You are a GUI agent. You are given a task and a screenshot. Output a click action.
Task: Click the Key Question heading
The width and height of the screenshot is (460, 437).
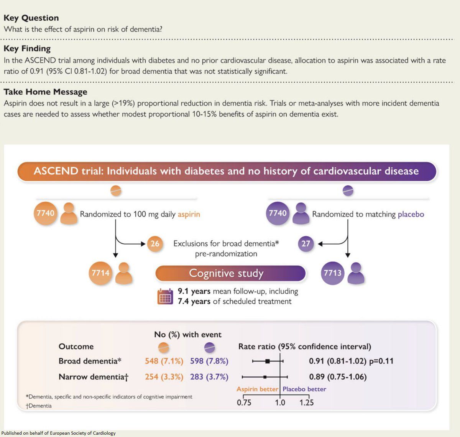click(x=31, y=18)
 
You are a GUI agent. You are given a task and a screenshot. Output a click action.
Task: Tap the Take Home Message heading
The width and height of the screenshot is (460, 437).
click(x=45, y=92)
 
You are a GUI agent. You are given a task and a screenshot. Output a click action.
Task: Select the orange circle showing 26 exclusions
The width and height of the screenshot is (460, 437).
click(x=154, y=244)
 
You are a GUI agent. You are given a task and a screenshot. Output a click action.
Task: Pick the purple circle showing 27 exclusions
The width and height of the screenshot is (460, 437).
click(x=306, y=244)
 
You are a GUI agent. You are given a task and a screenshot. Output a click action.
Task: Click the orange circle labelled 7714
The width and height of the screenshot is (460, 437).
click(x=100, y=273)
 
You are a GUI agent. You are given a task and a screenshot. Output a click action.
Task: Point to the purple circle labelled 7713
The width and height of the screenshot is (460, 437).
click(x=332, y=273)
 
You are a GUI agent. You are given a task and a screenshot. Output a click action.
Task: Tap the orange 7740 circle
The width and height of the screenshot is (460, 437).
click(x=45, y=213)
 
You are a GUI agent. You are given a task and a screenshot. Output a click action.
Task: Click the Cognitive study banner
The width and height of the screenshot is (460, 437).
click(x=230, y=273)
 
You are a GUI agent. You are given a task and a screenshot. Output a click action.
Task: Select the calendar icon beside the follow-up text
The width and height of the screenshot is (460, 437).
click(x=165, y=297)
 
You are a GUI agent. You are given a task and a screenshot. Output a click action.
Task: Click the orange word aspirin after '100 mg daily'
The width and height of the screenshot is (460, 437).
click(x=189, y=214)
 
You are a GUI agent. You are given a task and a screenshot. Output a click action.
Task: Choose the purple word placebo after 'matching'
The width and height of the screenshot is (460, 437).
click(x=411, y=214)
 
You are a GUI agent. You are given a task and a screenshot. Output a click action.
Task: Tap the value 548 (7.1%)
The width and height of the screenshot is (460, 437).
click(x=164, y=361)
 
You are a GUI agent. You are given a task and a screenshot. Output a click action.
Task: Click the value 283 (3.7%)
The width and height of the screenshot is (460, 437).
click(x=209, y=376)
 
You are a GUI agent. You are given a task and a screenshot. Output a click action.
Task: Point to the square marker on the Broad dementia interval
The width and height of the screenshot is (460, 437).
click(x=268, y=361)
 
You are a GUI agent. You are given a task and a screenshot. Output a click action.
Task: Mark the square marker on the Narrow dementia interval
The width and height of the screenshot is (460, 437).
click(x=265, y=377)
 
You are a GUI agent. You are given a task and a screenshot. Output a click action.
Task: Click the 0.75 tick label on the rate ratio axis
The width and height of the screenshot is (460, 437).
click(x=244, y=402)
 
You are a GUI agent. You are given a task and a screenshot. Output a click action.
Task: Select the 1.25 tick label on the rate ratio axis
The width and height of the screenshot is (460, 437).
click(x=307, y=402)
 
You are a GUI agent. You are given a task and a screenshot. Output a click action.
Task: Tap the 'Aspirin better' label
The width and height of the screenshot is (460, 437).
click(x=257, y=389)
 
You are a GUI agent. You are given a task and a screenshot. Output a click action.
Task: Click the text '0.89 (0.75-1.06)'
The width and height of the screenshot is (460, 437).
click(x=338, y=376)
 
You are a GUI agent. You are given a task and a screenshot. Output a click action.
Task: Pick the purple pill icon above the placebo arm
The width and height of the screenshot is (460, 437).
click(x=348, y=191)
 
